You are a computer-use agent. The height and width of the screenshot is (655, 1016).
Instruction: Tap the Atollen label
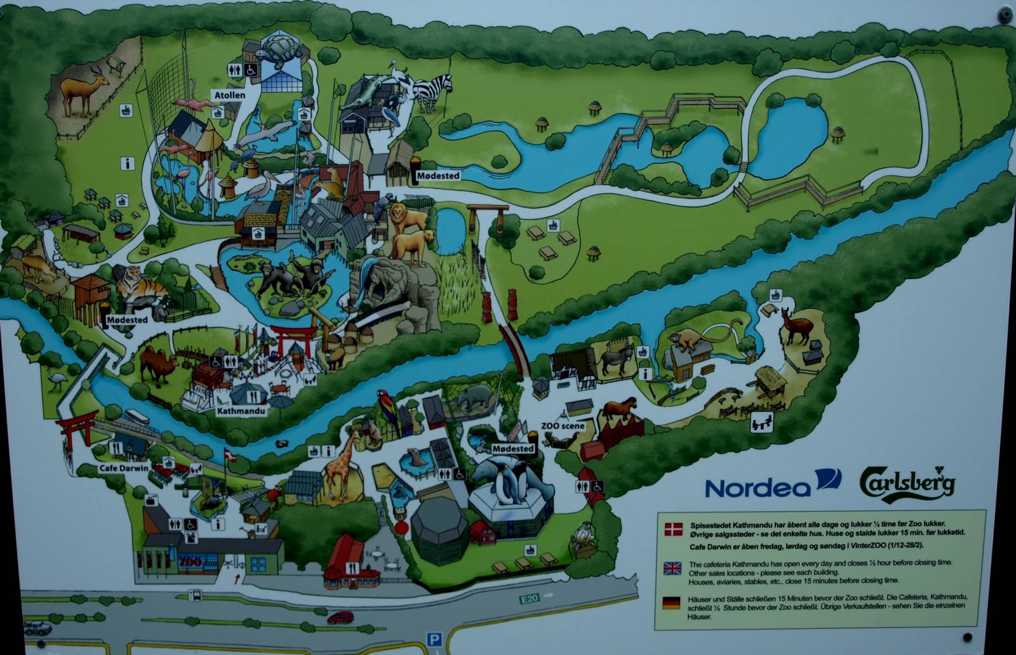[229, 96]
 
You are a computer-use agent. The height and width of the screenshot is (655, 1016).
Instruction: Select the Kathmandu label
[240, 411]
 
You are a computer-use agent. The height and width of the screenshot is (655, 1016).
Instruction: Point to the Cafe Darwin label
[123, 468]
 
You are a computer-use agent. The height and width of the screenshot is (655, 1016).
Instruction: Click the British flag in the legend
[671, 567]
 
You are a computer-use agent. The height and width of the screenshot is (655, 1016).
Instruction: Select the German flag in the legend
[671, 602]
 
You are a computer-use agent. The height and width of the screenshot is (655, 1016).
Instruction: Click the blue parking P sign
[434, 640]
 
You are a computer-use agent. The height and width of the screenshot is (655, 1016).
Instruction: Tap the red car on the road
[341, 617]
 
